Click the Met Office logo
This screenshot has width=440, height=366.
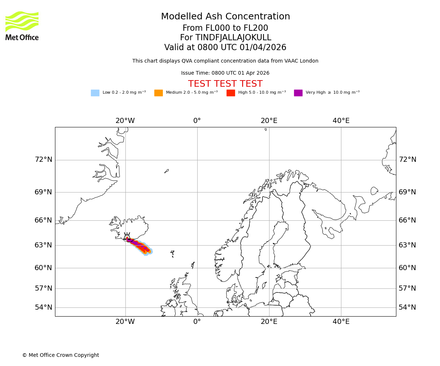pos(22,26)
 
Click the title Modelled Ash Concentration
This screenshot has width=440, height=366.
pos(225,17)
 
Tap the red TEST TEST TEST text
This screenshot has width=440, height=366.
pos(225,84)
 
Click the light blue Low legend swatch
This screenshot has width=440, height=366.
pos(95,93)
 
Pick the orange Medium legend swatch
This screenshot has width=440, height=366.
pos(158,93)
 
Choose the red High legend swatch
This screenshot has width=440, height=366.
pos(231,93)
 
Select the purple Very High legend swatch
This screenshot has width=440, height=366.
pos(298,93)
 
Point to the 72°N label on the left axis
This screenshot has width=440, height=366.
pos(43,160)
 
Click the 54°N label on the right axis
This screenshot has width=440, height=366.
pos(407,307)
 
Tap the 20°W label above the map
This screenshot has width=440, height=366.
pos(125,121)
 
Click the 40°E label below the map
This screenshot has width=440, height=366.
pos(341,322)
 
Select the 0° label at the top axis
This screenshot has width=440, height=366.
pos(197,121)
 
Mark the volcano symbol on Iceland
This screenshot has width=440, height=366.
pos(127,236)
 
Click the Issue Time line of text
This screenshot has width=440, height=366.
pos(225,73)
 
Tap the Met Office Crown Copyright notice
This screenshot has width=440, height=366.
pos(60,355)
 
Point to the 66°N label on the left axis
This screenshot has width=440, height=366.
pos(43,220)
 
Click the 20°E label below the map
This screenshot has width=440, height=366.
pos(269,322)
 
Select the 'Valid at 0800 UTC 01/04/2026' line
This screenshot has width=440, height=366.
pos(225,48)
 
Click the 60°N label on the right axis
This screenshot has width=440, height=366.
pos(407,268)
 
